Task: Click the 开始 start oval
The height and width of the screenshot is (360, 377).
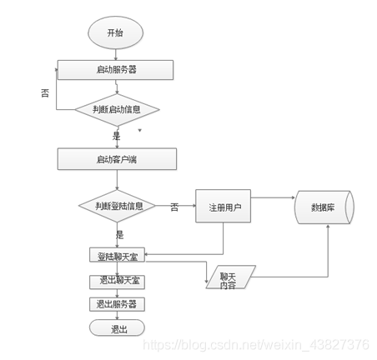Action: (x=116, y=33)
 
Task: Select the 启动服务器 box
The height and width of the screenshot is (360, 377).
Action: (x=116, y=69)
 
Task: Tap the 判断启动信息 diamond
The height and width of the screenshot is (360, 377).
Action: (x=116, y=109)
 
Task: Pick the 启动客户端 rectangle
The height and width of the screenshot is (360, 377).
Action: (x=117, y=158)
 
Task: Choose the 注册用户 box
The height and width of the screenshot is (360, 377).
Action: (x=223, y=206)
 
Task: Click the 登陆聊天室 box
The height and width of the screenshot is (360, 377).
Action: (x=116, y=255)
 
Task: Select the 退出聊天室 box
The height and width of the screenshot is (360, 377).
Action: (x=116, y=281)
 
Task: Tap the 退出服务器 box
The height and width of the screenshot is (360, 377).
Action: (x=116, y=304)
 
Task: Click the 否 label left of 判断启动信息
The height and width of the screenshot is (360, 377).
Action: (x=45, y=94)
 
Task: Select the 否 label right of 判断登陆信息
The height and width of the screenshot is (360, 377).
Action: (x=174, y=206)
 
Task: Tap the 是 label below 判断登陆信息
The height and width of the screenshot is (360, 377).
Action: (x=120, y=236)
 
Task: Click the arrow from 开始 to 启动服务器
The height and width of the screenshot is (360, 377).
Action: (x=116, y=53)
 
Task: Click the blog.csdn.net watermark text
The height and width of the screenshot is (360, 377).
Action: (x=255, y=344)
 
